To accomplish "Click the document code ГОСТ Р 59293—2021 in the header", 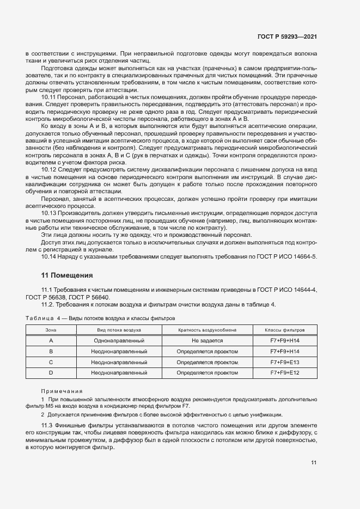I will coord(286,36).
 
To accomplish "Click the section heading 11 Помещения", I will coord(67,275).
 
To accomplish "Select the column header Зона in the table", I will coord(51,330).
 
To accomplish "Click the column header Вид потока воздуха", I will coord(119,330).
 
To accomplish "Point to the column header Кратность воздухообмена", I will coord(200,330).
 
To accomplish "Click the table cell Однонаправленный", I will coord(119,340).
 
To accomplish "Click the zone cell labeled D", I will coord(51,373).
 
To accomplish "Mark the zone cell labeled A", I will coord(51,340).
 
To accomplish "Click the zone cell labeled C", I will coord(51,362).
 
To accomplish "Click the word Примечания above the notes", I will coord(62,391).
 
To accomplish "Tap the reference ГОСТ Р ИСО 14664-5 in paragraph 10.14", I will coord(285,256).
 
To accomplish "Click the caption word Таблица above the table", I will coord(39,317).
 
